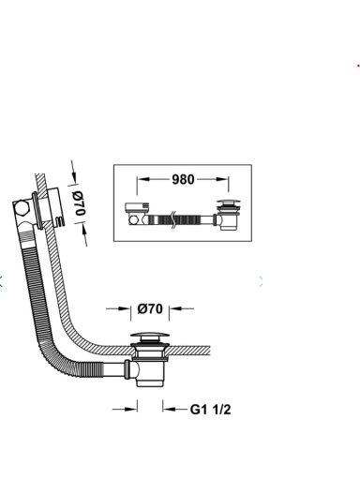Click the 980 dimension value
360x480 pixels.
pos(183,179)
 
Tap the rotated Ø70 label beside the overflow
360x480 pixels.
pos(79,203)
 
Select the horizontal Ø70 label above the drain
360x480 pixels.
pos(150,309)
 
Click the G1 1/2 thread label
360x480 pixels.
pos(210,409)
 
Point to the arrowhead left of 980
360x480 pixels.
pos(142,179)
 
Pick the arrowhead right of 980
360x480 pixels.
pos(223,179)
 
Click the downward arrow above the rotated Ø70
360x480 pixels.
pos(73,172)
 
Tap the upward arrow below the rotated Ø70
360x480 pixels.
pos(85,234)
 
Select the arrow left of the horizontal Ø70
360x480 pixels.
pos(118,308)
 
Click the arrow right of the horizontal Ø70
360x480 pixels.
pos(181,308)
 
